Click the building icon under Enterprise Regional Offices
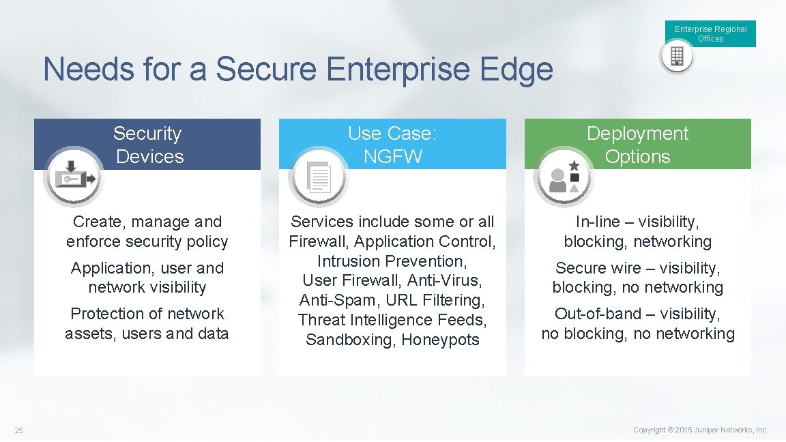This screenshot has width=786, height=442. (x=677, y=57)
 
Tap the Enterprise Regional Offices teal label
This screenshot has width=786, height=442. (x=710, y=33)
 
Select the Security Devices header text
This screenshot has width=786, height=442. (x=148, y=145)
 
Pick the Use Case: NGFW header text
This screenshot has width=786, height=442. (x=392, y=145)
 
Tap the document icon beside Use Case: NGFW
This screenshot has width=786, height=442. (x=319, y=177)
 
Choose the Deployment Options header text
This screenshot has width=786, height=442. (x=637, y=145)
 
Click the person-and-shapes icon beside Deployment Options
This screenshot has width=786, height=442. (x=564, y=177)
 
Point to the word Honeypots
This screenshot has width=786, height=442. (x=440, y=340)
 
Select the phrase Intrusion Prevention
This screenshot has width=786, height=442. (x=392, y=261)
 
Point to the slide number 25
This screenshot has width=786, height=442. (x=18, y=430)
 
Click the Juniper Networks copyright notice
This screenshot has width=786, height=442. (x=701, y=430)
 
